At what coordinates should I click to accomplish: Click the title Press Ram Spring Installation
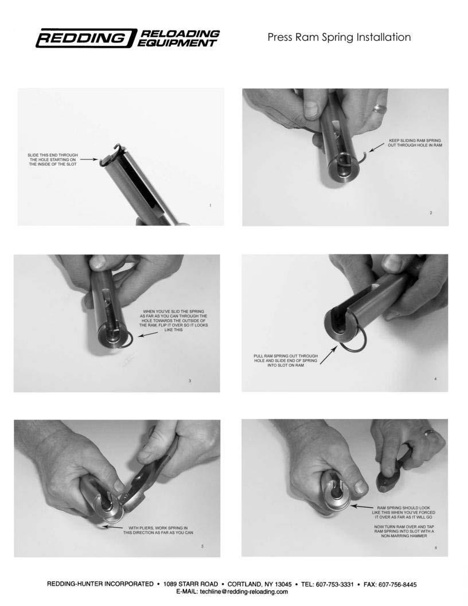pos(339,37)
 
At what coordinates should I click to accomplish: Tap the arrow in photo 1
pos(89,159)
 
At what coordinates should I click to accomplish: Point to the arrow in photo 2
pos(377,147)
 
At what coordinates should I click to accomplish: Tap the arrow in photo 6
pos(362,507)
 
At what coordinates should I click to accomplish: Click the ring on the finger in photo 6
pos(430,432)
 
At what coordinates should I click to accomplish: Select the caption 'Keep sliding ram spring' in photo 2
pos(415,143)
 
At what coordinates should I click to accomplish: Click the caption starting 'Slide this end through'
pos(53,160)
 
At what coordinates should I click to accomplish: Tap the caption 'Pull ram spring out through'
pos(286,360)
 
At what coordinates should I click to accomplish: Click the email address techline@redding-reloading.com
pos(232,591)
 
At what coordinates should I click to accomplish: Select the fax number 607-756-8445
pos(397,584)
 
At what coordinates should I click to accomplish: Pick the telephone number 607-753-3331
pos(334,584)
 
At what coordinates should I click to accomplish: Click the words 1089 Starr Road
pos(191,584)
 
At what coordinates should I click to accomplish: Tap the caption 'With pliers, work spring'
pos(158,530)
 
